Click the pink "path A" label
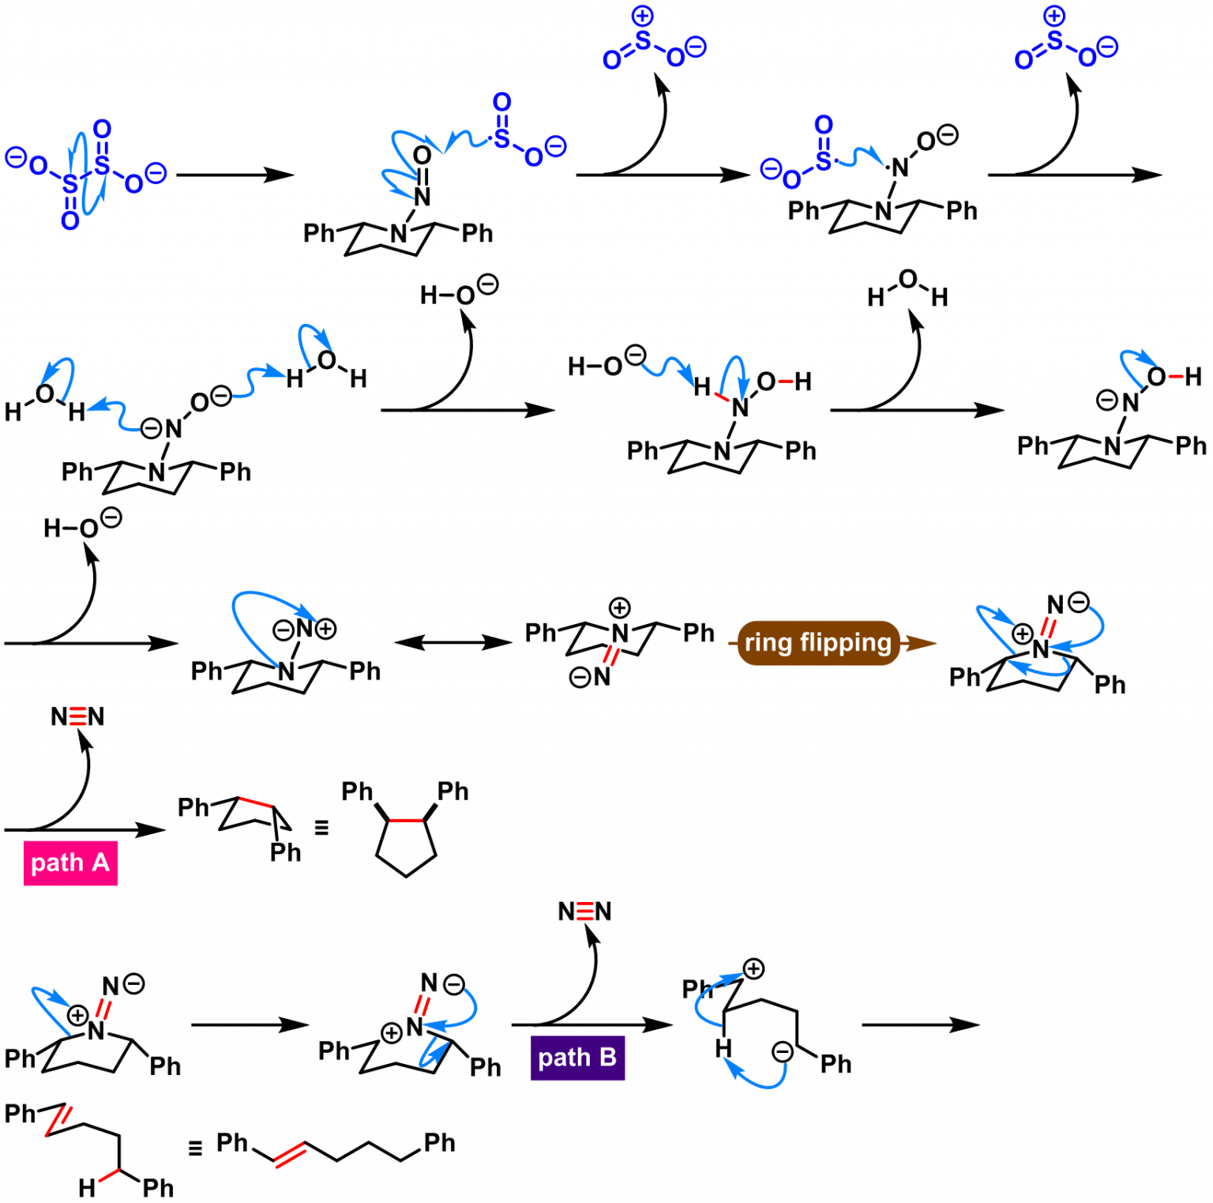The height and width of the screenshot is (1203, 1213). pos(70,863)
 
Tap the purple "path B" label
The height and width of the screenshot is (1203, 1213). pos(577,1058)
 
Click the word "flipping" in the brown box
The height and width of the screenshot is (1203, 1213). pos(845,643)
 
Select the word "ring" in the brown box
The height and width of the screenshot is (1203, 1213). pos(768,642)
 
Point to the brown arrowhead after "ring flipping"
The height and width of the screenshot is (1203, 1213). pos(921,643)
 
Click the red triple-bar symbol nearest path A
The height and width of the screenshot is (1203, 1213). pos(77,716)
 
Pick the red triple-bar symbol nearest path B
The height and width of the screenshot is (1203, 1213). pos(584,912)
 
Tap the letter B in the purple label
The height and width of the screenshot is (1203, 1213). pos(607,1057)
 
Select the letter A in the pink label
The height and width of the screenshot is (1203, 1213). pos(100,862)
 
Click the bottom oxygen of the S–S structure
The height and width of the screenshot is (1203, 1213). pos(70,221)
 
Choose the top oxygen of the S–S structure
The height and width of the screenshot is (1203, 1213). pos(102,129)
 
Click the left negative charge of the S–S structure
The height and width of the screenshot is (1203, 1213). pos(16,157)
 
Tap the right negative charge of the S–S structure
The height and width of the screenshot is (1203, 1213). pos(156,173)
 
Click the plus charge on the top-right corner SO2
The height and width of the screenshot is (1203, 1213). pos(1054,16)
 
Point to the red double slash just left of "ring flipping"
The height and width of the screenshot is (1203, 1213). pos(611,655)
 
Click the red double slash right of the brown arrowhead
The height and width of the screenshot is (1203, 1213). pos(1048,627)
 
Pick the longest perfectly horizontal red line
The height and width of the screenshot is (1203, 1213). pos(406,820)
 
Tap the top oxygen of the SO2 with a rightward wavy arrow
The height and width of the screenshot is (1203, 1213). pos(824,125)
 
